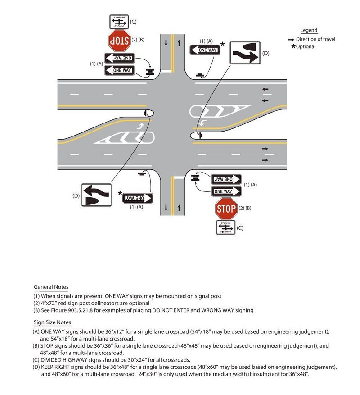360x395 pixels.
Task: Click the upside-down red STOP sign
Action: [119, 41]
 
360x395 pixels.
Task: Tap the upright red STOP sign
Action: [226, 209]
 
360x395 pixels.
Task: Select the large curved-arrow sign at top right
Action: [245, 53]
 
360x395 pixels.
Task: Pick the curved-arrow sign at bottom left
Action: [96, 195]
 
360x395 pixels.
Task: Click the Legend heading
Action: [309, 31]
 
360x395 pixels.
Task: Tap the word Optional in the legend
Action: [306, 47]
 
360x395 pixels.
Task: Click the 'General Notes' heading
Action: [51, 287]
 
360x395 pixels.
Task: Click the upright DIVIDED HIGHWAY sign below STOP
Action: [226, 227]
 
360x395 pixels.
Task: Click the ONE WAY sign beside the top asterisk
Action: [205, 50]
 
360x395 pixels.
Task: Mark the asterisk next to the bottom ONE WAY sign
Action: [120, 193]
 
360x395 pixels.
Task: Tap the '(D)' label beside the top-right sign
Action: [265, 54]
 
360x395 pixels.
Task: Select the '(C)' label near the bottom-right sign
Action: [240, 228]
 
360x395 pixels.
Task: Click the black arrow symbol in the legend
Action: [292, 40]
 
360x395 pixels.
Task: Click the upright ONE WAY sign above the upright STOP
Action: [226, 191]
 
